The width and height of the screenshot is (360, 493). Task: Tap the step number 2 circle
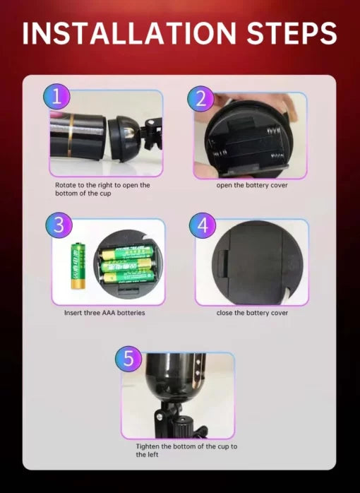[x=200, y=99]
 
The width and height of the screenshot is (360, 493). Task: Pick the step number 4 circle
[x=203, y=226]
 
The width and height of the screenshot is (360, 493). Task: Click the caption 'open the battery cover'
[x=252, y=185]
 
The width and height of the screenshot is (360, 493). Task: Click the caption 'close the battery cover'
[x=252, y=312]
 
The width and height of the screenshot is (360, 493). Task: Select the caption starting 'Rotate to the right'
[x=102, y=189]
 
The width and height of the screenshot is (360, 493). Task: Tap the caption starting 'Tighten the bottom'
[x=186, y=451]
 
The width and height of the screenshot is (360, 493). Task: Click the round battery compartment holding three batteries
[x=126, y=262]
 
